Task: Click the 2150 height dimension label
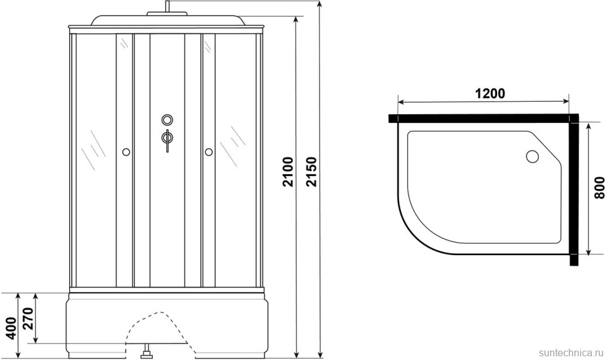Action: [312, 172]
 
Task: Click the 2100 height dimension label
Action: [288, 172]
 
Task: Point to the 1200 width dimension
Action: [489, 94]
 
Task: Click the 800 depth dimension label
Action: [598, 188]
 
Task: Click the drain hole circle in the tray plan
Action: [533, 156]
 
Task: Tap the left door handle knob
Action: [126, 152]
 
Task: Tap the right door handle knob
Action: [209, 152]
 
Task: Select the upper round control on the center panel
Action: [167, 120]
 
